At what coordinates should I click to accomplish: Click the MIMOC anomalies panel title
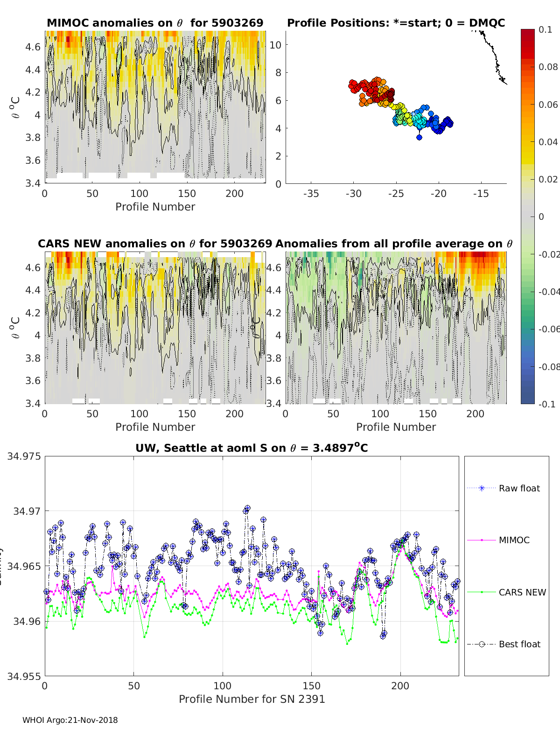[x=155, y=23]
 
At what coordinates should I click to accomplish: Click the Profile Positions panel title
[x=396, y=23]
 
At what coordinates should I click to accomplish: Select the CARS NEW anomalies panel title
[x=155, y=244]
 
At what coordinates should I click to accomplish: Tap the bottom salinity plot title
[x=252, y=448]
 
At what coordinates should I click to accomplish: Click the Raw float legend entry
[x=519, y=488]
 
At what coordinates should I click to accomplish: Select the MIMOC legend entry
[x=514, y=540]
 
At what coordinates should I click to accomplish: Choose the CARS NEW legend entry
[x=522, y=592]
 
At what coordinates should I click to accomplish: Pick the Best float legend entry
[x=519, y=644]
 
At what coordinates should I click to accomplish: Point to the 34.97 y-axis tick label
[x=27, y=511]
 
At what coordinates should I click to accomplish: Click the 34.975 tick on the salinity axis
[x=24, y=456]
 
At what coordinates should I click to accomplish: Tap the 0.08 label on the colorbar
[x=548, y=67]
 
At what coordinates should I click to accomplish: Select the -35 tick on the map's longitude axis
[x=311, y=194]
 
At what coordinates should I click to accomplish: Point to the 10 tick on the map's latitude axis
[x=275, y=45]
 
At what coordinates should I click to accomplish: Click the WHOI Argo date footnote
[x=70, y=720]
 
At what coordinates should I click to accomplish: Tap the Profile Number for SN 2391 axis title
[x=252, y=699]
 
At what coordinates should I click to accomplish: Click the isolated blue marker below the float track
[x=419, y=137]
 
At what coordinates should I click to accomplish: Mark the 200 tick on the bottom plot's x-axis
[x=400, y=686]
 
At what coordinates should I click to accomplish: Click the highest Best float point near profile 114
[x=247, y=508]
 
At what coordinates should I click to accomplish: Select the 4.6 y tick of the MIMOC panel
[x=34, y=47]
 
